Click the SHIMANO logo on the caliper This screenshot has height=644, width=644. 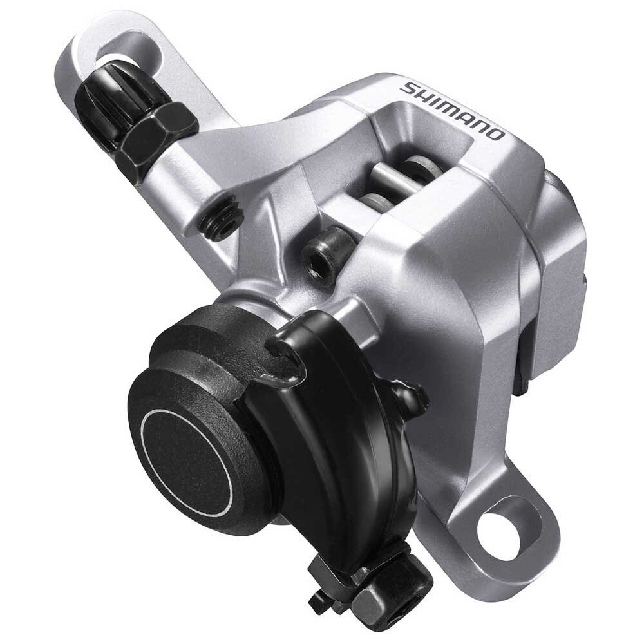(451, 109)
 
